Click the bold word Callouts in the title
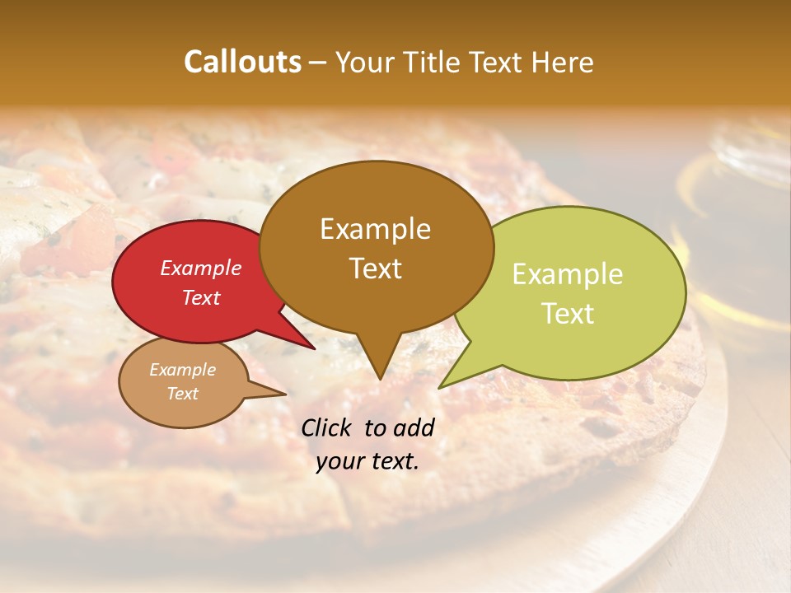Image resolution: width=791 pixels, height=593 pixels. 242,62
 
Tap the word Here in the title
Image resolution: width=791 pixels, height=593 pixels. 561,62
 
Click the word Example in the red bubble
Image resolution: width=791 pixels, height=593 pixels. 201,268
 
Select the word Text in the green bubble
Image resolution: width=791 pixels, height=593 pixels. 568,314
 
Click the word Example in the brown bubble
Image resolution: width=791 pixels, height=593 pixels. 375,229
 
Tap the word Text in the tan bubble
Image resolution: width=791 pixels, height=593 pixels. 183,394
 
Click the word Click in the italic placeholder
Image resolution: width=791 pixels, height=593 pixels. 326,427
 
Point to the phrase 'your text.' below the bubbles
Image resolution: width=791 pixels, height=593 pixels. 367,461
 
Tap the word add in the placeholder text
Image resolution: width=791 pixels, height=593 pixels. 414,427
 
